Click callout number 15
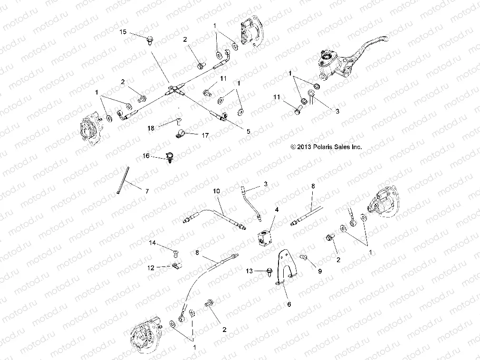point(123,32)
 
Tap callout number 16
point(146,155)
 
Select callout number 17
point(205,135)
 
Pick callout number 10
point(216,190)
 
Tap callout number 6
point(288,304)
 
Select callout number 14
point(153,243)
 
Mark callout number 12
point(151,267)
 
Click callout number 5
point(247,130)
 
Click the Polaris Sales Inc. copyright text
point(326,147)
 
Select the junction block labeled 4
point(264,236)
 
